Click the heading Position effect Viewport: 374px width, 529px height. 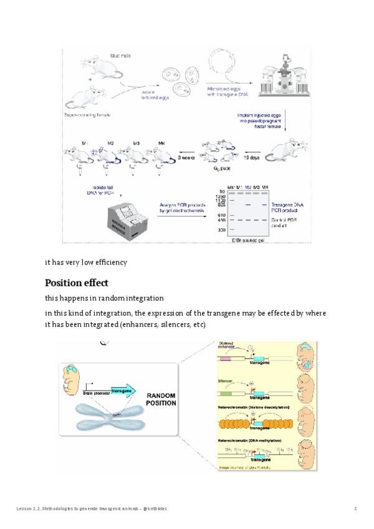[x=77, y=283]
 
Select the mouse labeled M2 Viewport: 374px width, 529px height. [x=107, y=155]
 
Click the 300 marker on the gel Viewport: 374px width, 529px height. [x=221, y=230]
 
